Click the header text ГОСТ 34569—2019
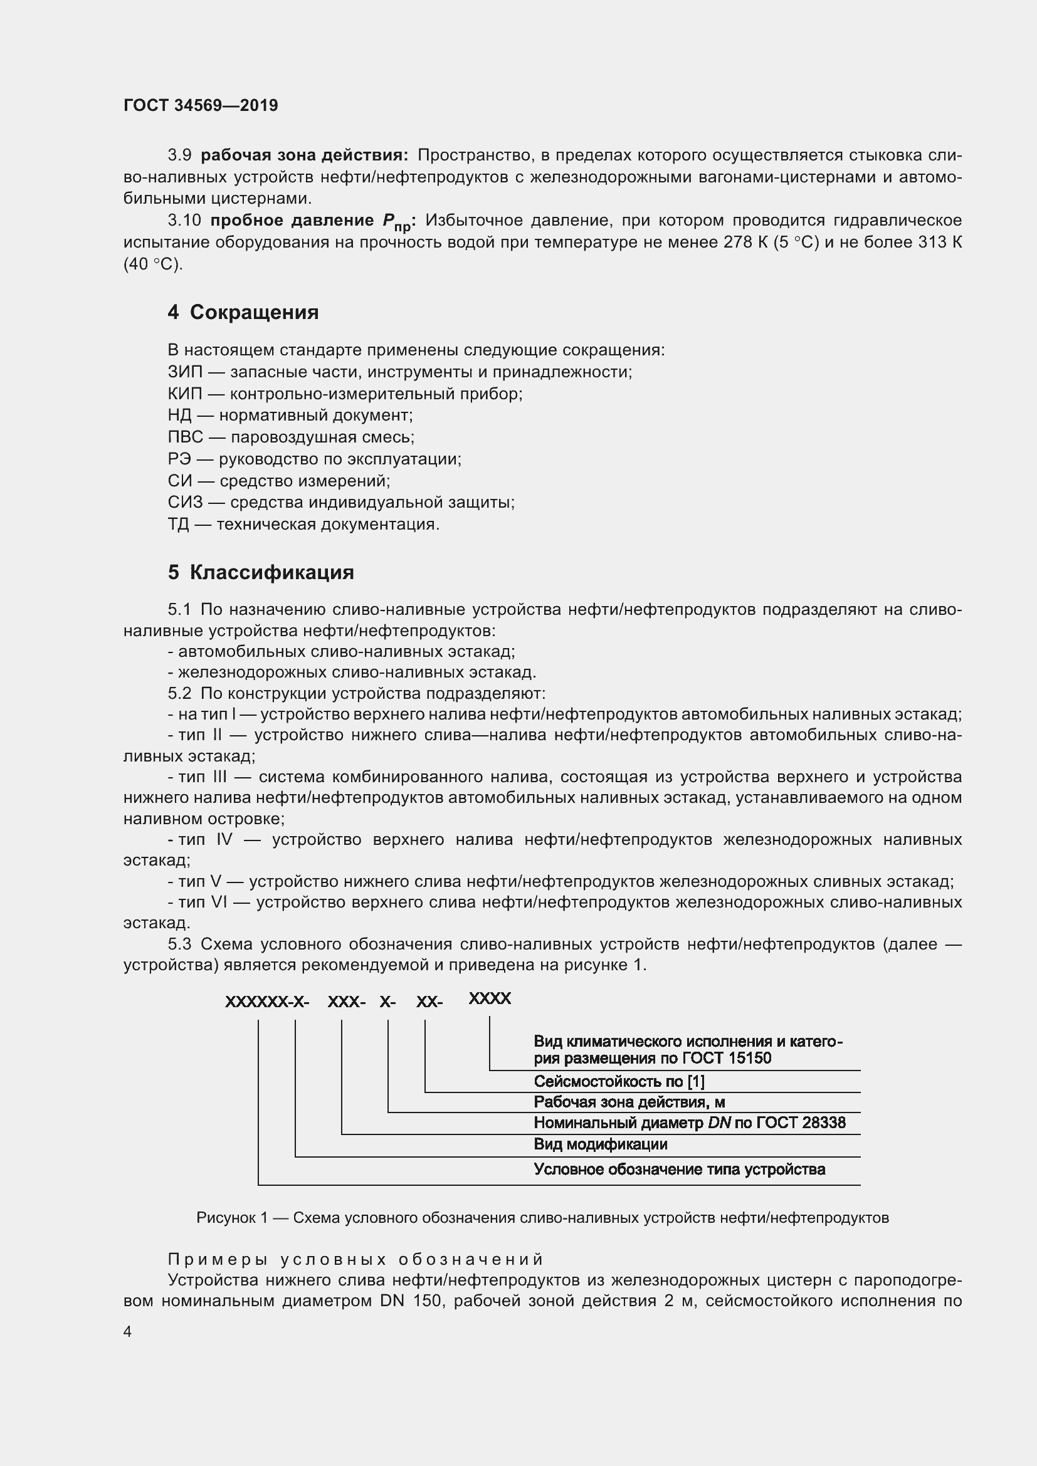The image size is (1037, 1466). click(201, 105)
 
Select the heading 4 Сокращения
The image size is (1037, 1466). click(243, 312)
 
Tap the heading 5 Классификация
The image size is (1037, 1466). click(261, 572)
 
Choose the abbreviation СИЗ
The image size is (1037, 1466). click(184, 503)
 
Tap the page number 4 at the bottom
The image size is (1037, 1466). click(128, 1331)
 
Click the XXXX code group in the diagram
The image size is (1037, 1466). click(490, 998)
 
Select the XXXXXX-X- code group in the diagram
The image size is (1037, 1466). click(267, 1002)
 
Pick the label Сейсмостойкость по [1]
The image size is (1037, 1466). click(619, 1082)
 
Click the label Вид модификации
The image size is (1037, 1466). click(600, 1144)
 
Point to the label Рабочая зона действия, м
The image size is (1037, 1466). click(629, 1102)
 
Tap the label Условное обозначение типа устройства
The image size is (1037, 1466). click(680, 1169)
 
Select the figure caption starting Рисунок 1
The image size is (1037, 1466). click(542, 1218)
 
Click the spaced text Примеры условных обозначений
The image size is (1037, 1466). click(355, 1259)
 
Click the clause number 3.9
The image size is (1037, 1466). click(179, 155)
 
